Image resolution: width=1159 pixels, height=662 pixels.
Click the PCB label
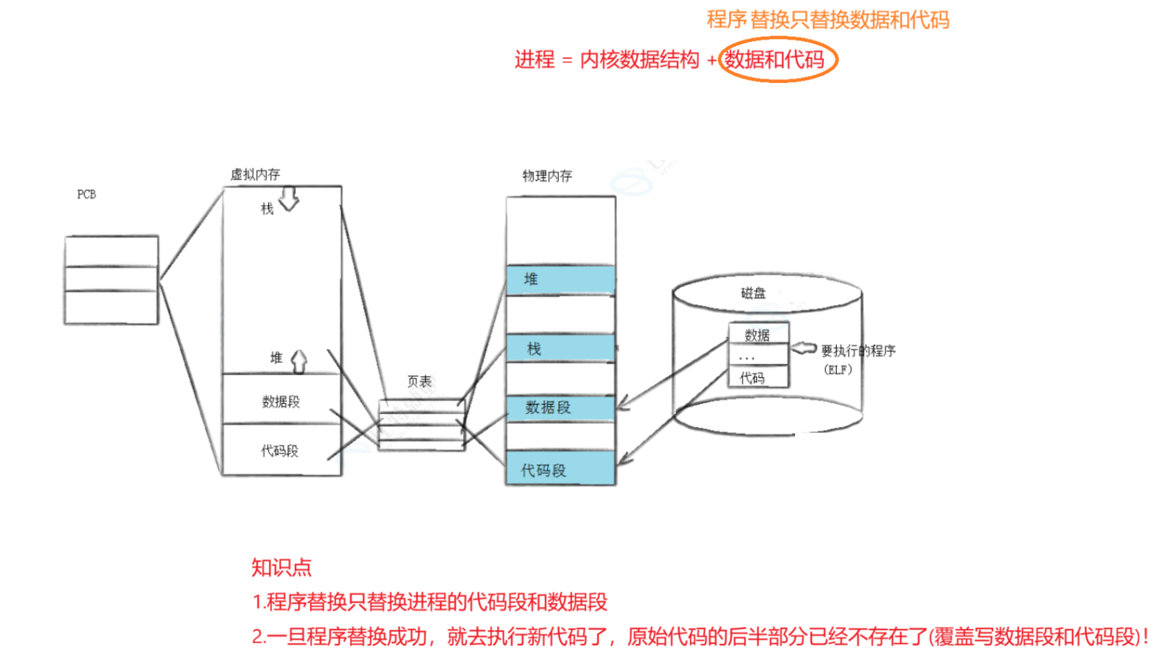[x=86, y=195]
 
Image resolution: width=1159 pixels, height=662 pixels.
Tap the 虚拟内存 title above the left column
[x=255, y=175]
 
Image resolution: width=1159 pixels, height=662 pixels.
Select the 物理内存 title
[x=547, y=176]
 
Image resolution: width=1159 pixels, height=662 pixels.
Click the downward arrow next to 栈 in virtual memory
[x=289, y=198]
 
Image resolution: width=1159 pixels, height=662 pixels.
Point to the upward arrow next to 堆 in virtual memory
[x=299, y=361]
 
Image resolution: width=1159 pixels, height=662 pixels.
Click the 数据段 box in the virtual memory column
[x=281, y=401]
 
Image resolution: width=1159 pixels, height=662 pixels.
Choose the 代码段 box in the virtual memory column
[x=280, y=451]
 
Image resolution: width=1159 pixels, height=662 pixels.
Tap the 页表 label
[x=419, y=381]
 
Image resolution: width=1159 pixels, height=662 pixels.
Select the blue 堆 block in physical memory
[x=561, y=280]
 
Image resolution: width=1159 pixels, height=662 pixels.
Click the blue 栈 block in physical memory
[x=561, y=349]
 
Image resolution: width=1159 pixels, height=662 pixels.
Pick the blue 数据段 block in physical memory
[x=561, y=407]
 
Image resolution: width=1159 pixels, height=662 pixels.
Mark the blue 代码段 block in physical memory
[x=561, y=469]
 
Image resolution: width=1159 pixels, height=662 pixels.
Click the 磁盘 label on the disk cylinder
[x=753, y=293]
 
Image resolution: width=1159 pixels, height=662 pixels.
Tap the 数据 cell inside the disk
[x=758, y=335]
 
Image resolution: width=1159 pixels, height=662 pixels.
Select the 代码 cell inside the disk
[x=752, y=378]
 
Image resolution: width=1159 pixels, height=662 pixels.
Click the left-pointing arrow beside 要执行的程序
[x=804, y=349]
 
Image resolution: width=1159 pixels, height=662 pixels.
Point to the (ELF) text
[x=838, y=370]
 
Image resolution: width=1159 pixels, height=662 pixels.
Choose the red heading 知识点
[x=281, y=568]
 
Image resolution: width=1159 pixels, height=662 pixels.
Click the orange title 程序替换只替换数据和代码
[x=827, y=19]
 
